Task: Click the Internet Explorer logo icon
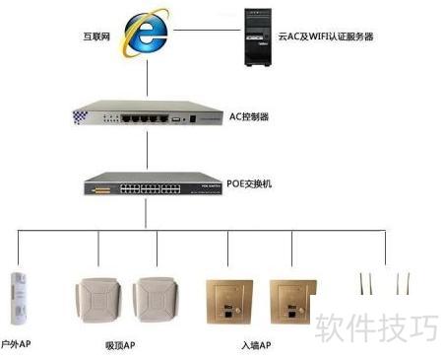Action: pyautogui.click(x=145, y=34)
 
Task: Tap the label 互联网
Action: pyautogui.click(x=96, y=36)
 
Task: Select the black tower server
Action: pyautogui.click(x=258, y=37)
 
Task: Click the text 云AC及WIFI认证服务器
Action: pyautogui.click(x=326, y=36)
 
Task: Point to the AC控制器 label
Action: pyautogui.click(x=249, y=116)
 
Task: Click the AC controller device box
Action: pyautogui.click(x=148, y=112)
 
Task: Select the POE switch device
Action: pyautogui.click(x=153, y=183)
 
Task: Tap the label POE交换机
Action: pyautogui.click(x=249, y=183)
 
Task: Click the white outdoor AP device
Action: pyautogui.click(x=18, y=298)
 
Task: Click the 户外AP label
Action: pyautogui.click(x=16, y=344)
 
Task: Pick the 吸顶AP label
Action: pyautogui.click(x=120, y=345)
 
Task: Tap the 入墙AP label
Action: pyautogui.click(x=256, y=345)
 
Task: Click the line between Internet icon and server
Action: pyautogui.click(x=207, y=31)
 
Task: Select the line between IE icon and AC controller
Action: pyautogui.click(x=147, y=78)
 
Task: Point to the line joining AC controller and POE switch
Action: pyautogui.click(x=147, y=150)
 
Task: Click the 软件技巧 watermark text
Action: pyautogui.click(x=376, y=327)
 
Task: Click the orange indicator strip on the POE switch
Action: pyautogui.click(x=101, y=190)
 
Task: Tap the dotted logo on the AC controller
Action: pyautogui.click(x=80, y=117)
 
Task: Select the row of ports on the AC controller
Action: pyautogui.click(x=145, y=118)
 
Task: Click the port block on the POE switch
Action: pyautogui.click(x=151, y=188)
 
